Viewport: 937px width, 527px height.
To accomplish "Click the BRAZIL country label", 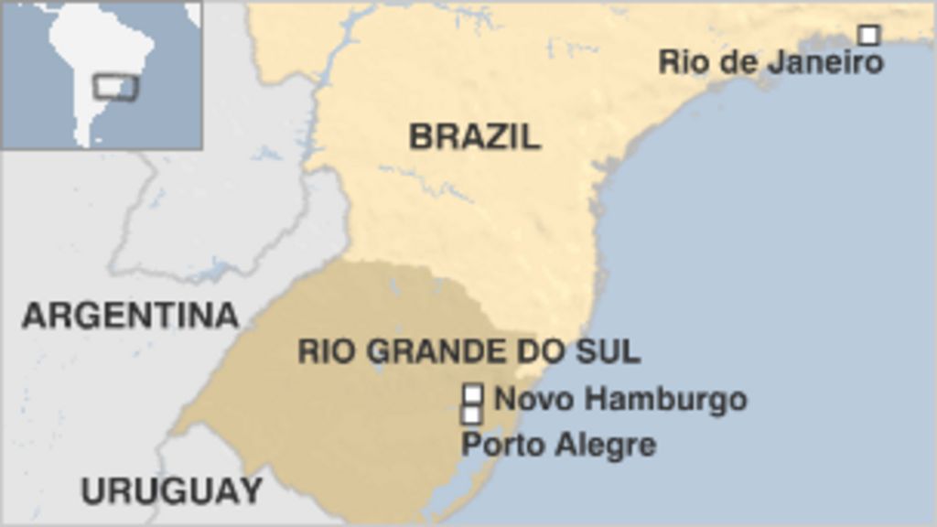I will tap(474, 136).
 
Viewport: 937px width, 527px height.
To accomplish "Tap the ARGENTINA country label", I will tap(130, 316).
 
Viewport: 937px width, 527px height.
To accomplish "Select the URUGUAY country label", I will tap(171, 491).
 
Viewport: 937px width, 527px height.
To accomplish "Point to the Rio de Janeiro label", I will tap(770, 62).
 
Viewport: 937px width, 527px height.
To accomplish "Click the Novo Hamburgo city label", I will tap(619, 399).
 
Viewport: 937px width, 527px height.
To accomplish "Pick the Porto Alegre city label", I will tap(558, 445).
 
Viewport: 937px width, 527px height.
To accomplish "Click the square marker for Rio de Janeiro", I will tap(868, 35).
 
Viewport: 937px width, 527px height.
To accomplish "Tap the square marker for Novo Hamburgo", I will tap(472, 394).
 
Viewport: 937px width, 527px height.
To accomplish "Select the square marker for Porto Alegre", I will tap(472, 415).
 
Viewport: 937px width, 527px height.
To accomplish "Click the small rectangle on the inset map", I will tap(115, 88).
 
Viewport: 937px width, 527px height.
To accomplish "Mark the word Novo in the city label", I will tap(524, 399).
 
